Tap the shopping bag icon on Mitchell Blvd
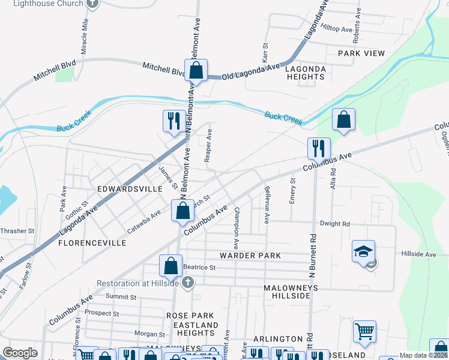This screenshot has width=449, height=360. [x=196, y=70]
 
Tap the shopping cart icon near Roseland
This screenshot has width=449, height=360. [x=364, y=331]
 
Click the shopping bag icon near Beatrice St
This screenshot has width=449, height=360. [x=171, y=265]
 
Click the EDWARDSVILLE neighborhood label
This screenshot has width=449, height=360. [x=130, y=189]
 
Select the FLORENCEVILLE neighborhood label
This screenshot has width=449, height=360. [x=92, y=243]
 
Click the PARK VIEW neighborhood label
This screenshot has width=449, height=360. [x=361, y=53]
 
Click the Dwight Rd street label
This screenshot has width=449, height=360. [x=335, y=224]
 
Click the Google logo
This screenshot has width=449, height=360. [x=20, y=353]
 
